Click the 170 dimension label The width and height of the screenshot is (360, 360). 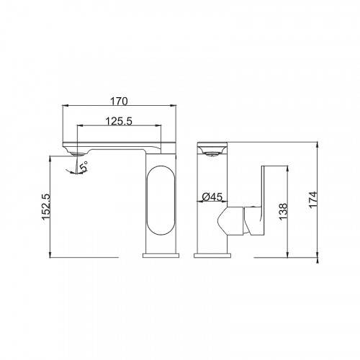[119, 102]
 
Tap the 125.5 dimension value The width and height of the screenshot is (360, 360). [119, 121]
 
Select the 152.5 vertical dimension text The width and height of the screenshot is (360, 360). [45, 207]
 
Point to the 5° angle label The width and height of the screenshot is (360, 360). [84, 166]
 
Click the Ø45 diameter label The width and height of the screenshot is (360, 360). [212, 197]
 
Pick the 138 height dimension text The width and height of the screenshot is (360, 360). [283, 211]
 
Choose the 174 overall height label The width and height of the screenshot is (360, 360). [313, 200]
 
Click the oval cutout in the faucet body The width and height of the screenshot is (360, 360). [161, 199]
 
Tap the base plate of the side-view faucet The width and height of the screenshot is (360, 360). [161, 256]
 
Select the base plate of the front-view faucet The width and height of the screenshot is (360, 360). [212, 256]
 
